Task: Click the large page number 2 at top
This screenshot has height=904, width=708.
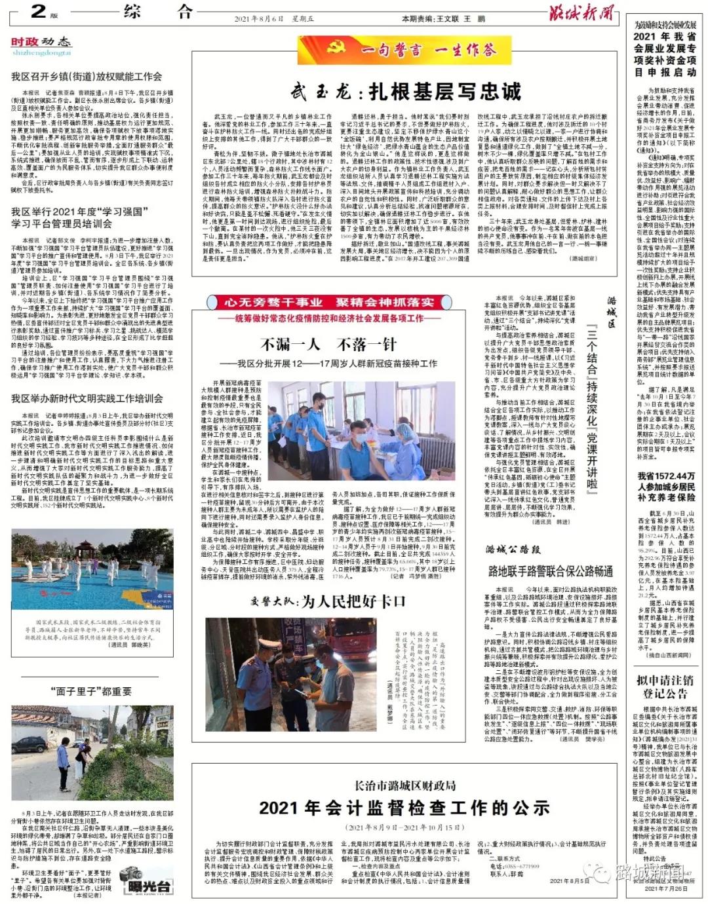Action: [37, 11]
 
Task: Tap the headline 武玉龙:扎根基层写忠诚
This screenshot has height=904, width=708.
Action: [406, 91]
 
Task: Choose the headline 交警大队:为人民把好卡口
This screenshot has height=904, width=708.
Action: [328, 601]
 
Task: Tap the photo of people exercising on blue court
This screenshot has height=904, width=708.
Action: [92, 571]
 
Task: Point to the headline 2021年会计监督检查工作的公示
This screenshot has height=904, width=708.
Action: [404, 808]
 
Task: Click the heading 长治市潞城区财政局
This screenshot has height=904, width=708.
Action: [404, 785]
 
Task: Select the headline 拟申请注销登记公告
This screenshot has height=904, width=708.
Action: [665, 688]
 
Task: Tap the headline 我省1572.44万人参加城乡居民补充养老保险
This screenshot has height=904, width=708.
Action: [666, 487]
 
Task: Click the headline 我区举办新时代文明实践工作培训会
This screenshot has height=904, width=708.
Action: [87, 398]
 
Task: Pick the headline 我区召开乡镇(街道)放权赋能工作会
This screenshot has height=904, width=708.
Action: [86, 77]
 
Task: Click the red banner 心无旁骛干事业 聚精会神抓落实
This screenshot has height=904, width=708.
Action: [328, 302]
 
